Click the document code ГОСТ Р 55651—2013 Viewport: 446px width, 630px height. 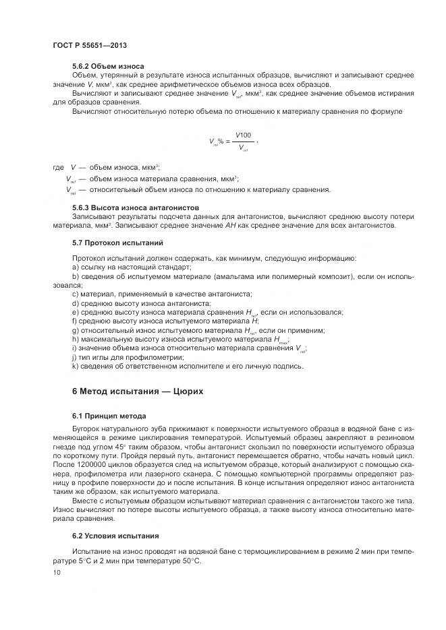[x=89, y=44]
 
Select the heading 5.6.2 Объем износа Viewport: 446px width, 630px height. [x=108, y=66]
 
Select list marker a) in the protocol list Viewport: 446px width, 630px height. [x=75, y=267]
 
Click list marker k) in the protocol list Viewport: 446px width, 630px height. [x=75, y=366]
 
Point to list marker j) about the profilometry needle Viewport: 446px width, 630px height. [x=74, y=357]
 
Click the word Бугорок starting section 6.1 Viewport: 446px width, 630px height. [x=88, y=429]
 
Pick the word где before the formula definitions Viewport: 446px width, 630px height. [x=58, y=166]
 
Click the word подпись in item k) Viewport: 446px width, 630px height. [x=285, y=366]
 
